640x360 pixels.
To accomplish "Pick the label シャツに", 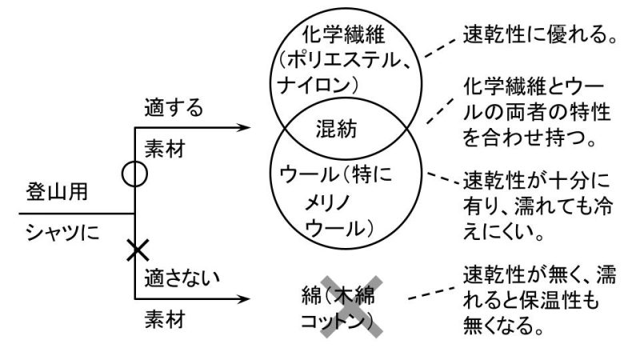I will pyautogui.click(x=59, y=232).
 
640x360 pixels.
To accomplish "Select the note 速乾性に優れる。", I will pyautogui.click(x=542, y=34).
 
